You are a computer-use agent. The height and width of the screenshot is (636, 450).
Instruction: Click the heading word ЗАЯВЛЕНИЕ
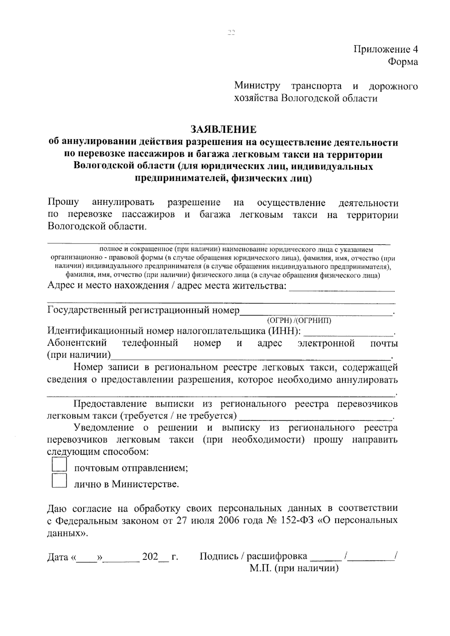tap(223, 130)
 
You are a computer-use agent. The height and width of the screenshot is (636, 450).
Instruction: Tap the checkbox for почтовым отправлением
tap(59, 465)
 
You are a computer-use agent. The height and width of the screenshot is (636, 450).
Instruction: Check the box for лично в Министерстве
tap(59, 481)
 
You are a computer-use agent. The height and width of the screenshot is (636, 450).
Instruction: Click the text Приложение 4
tap(386, 49)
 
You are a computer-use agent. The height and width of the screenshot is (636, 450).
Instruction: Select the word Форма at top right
tap(403, 62)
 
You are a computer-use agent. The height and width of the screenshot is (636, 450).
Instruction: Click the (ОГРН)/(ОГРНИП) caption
tap(299, 321)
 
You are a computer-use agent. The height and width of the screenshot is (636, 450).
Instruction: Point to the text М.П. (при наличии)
tap(294, 568)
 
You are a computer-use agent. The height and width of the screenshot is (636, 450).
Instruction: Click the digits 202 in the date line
tap(150, 556)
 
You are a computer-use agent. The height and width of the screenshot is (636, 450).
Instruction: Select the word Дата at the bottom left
tap(57, 557)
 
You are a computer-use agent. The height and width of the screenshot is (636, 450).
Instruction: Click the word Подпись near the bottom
tap(217, 556)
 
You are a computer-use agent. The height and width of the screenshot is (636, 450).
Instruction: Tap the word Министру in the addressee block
tap(257, 86)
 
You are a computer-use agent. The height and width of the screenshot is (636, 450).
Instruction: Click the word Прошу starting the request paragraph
tap(63, 203)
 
